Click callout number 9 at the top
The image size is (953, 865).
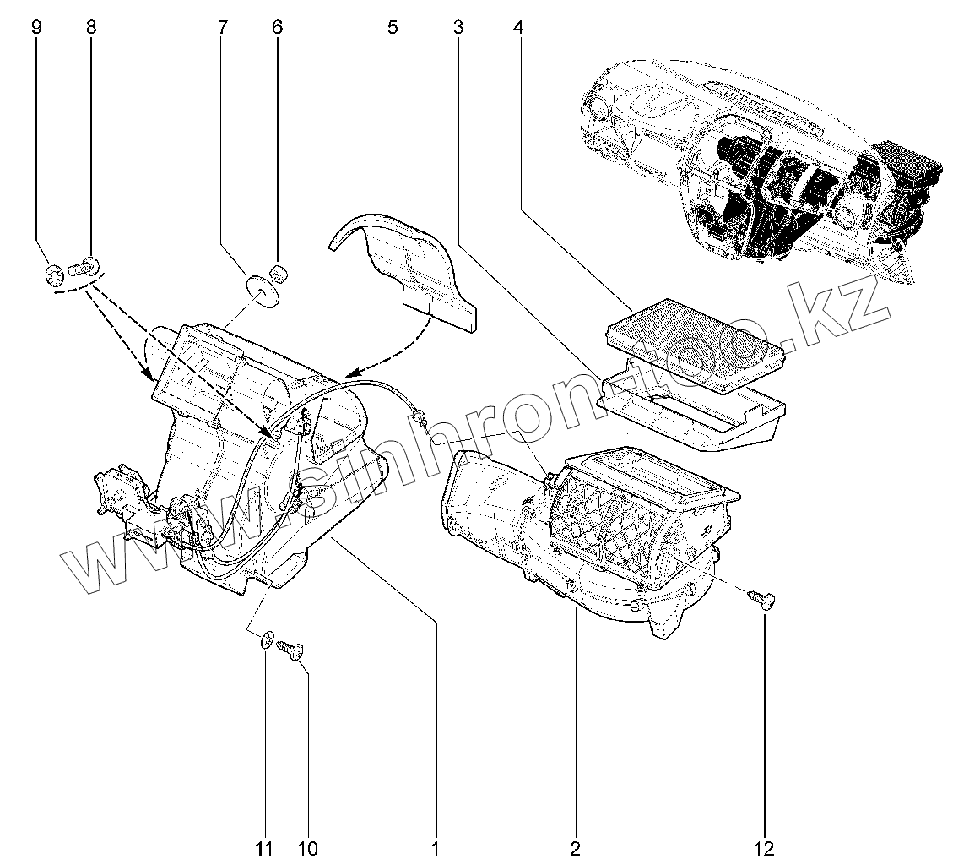pyautogui.click(x=36, y=27)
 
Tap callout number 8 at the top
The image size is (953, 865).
pyautogui.click(x=91, y=27)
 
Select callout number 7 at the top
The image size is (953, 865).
pyautogui.click(x=222, y=27)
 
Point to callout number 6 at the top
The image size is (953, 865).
pyautogui.click(x=277, y=27)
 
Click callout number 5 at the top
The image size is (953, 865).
pyautogui.click(x=393, y=27)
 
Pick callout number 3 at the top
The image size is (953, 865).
pyautogui.click(x=458, y=27)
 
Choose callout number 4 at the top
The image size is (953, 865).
pyautogui.click(x=517, y=27)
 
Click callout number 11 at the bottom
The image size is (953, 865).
pyautogui.click(x=265, y=848)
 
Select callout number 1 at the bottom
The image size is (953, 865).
pyautogui.click(x=436, y=848)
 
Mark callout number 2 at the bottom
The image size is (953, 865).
pyautogui.click(x=575, y=848)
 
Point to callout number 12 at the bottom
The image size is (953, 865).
pyautogui.click(x=765, y=848)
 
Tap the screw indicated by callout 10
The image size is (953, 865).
pyautogui.click(x=290, y=650)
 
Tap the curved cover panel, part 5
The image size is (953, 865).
pyautogui.click(x=405, y=262)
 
